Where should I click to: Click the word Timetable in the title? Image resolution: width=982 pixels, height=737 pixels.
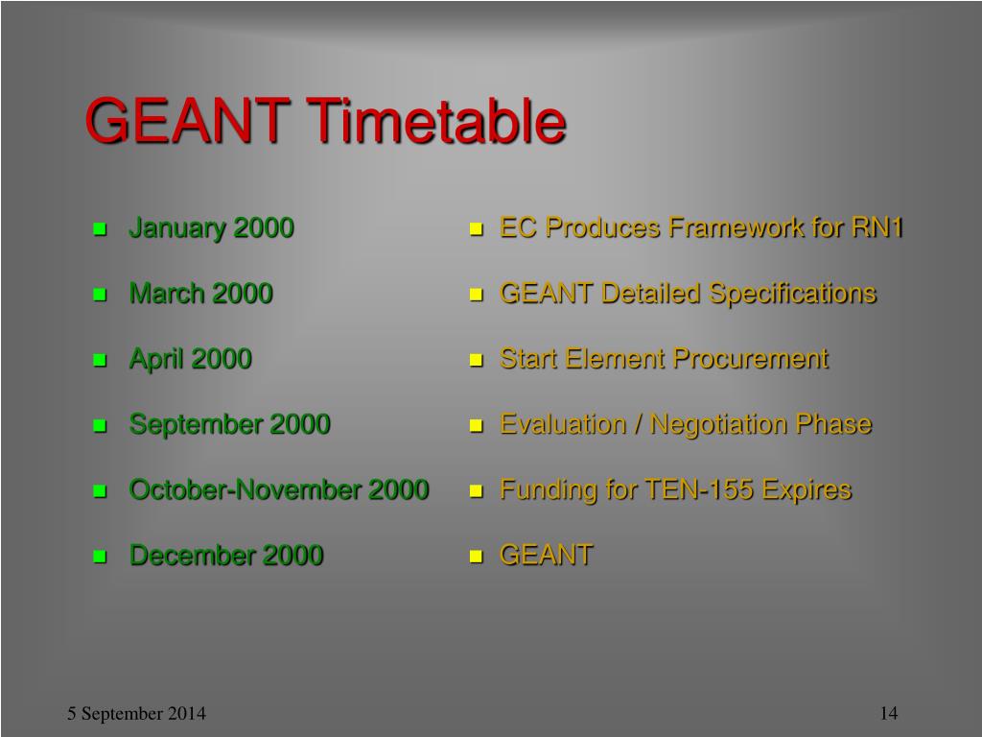pyautogui.click(x=436, y=121)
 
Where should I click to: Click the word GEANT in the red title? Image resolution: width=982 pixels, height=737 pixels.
pyautogui.click(x=187, y=121)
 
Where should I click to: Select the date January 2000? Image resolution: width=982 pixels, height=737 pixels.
pyautogui.click(x=211, y=228)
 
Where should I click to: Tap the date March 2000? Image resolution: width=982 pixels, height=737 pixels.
pyautogui.click(x=200, y=294)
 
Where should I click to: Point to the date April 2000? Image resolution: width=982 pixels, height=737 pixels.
pyautogui.click(x=191, y=359)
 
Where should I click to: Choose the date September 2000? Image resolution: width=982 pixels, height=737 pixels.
pyautogui.click(x=229, y=424)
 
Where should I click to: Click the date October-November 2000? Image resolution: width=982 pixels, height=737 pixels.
pyautogui.click(x=279, y=489)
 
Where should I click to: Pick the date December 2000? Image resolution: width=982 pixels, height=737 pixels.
pyautogui.click(x=226, y=556)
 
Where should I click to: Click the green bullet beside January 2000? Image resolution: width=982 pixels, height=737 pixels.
pyautogui.click(x=100, y=229)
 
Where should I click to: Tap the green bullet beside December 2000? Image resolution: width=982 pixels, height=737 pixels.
pyautogui.click(x=100, y=557)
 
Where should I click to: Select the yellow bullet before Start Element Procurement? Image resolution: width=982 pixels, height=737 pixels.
pyautogui.click(x=477, y=361)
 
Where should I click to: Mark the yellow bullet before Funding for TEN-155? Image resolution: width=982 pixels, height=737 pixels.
pyautogui.click(x=477, y=490)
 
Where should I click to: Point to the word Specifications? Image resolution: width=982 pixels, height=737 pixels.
pyautogui.click(x=793, y=294)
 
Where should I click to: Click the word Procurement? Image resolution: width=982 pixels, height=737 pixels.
pyautogui.click(x=751, y=359)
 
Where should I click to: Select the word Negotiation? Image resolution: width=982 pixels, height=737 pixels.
pyautogui.click(x=719, y=425)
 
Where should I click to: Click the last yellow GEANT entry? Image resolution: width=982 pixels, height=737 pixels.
pyautogui.click(x=546, y=556)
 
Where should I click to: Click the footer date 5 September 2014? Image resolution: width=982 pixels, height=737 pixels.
pyautogui.click(x=136, y=713)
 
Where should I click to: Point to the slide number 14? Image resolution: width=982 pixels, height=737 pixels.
pyautogui.click(x=889, y=713)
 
